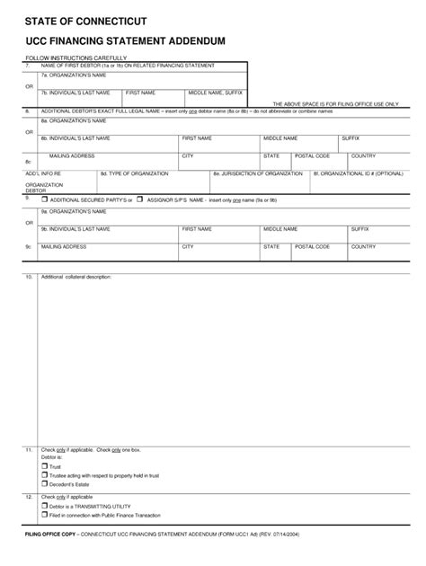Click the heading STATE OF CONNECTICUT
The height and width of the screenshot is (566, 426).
tap(86, 21)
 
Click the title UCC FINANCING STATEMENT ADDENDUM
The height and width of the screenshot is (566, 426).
tap(125, 41)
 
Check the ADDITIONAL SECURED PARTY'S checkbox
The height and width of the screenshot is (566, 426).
tap(45, 199)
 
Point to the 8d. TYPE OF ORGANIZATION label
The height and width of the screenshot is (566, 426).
tap(134, 172)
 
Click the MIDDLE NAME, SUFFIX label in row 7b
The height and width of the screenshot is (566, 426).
tap(215, 93)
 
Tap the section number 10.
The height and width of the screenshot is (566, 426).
tap(29, 277)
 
